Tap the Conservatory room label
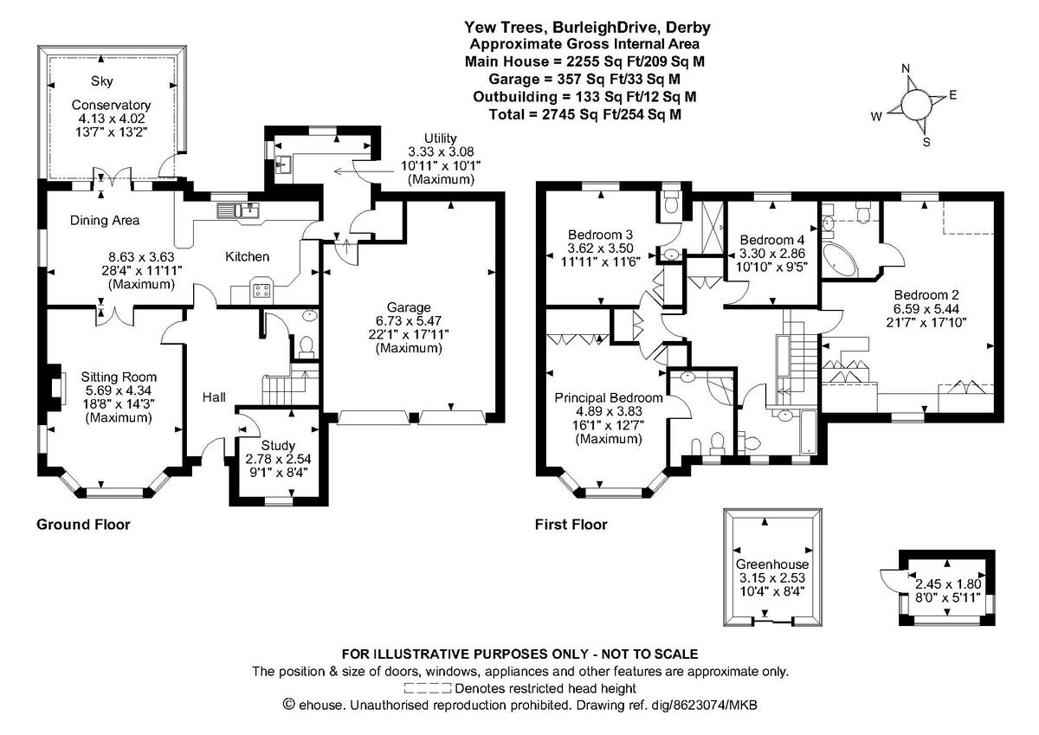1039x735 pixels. point(110,105)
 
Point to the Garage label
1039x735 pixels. point(409,307)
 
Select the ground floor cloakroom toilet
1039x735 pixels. point(304,346)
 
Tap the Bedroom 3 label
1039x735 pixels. point(601,235)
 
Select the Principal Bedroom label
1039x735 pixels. point(609,397)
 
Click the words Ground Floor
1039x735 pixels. point(83,524)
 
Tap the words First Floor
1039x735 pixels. point(571,524)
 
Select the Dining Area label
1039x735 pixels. point(105,221)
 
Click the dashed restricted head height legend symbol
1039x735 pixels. point(428,688)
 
